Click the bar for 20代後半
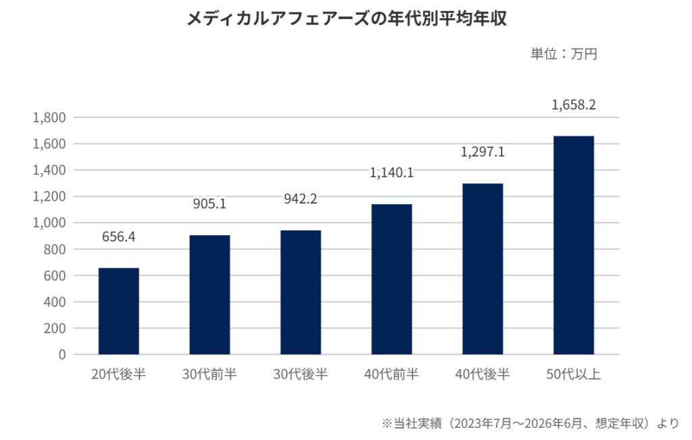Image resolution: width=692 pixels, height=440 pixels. tap(119, 311)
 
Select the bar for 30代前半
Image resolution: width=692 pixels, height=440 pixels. tap(209, 295)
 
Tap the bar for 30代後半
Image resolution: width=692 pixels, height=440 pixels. tap(301, 292)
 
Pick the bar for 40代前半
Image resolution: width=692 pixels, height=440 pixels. tap(391, 279)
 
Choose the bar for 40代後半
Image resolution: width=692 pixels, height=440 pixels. tap(483, 269)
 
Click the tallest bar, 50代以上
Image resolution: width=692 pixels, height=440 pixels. tap(574, 245)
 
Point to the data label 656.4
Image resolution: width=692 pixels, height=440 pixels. tap(119, 237)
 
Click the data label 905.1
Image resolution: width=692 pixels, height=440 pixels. tap(209, 204)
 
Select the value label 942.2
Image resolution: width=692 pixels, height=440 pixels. tap(301, 199)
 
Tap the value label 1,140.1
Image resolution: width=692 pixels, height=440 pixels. tap(391, 172)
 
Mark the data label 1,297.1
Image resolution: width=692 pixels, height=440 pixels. tap(483, 152)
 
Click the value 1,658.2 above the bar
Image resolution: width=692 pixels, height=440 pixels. tap(574, 105)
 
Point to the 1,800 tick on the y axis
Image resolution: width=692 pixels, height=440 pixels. tap(49, 118)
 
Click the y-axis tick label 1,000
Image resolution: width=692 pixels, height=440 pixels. tap(49, 223)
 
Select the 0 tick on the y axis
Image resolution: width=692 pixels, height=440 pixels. tap(62, 355)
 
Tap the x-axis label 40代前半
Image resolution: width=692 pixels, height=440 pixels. tap(391, 374)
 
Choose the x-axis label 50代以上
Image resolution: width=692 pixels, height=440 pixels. tap(574, 374)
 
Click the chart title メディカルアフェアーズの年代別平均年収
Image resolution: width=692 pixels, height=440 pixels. tap(347, 18)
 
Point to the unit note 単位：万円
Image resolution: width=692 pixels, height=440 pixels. tap(564, 54)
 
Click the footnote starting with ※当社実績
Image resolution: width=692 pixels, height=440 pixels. tap(530, 423)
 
